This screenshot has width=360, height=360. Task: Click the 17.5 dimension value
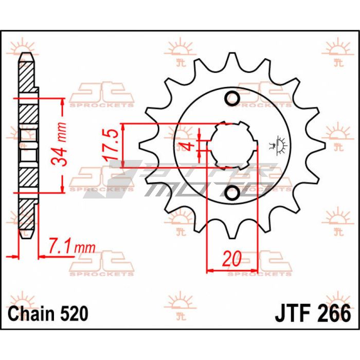(111, 145)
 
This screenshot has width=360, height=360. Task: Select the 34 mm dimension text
(59, 143)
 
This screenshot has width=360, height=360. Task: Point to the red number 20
(232, 259)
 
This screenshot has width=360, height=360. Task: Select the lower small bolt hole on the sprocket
(232, 193)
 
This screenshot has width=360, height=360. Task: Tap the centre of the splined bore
(232, 146)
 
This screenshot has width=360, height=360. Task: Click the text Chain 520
(48, 314)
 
